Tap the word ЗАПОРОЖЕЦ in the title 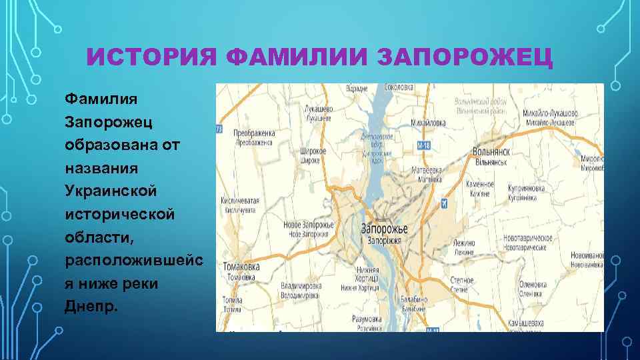click(x=465, y=57)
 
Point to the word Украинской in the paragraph click(x=110, y=191)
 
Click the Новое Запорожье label click(x=309, y=226)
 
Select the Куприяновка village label click(x=526, y=189)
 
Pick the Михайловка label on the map click(x=429, y=123)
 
